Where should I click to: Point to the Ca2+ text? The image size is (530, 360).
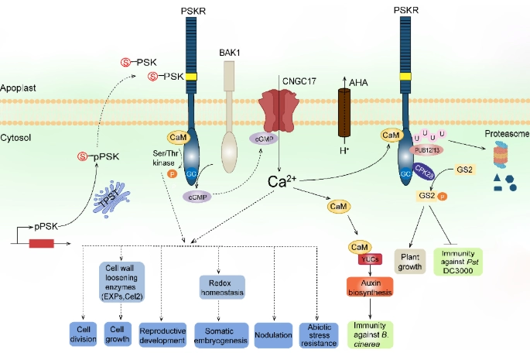tap(281, 181)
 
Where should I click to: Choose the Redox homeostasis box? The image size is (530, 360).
tap(221, 286)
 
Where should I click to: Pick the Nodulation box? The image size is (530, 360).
tap(276, 334)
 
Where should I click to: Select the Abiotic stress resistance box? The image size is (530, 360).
tap(319, 334)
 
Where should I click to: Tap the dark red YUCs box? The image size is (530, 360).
tap(369, 261)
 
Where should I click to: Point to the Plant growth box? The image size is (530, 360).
tap(410, 261)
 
